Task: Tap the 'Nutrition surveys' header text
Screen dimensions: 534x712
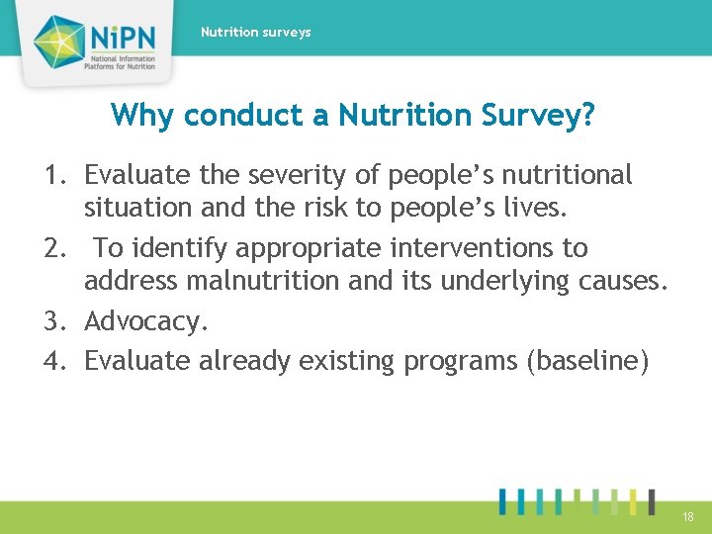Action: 255,33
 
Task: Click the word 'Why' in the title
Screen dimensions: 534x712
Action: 142,116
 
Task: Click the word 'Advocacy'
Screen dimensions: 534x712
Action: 144,322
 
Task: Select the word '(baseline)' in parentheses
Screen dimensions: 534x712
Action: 589,361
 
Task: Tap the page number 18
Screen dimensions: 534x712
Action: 688,517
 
